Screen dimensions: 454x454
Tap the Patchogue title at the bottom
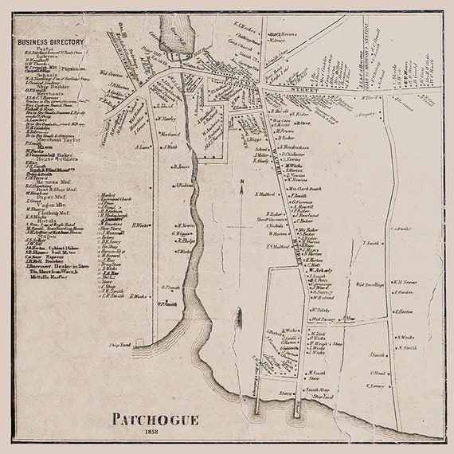(x=155, y=417)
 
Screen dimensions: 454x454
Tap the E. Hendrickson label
(x=301, y=149)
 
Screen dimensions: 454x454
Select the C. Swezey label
(x=376, y=386)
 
